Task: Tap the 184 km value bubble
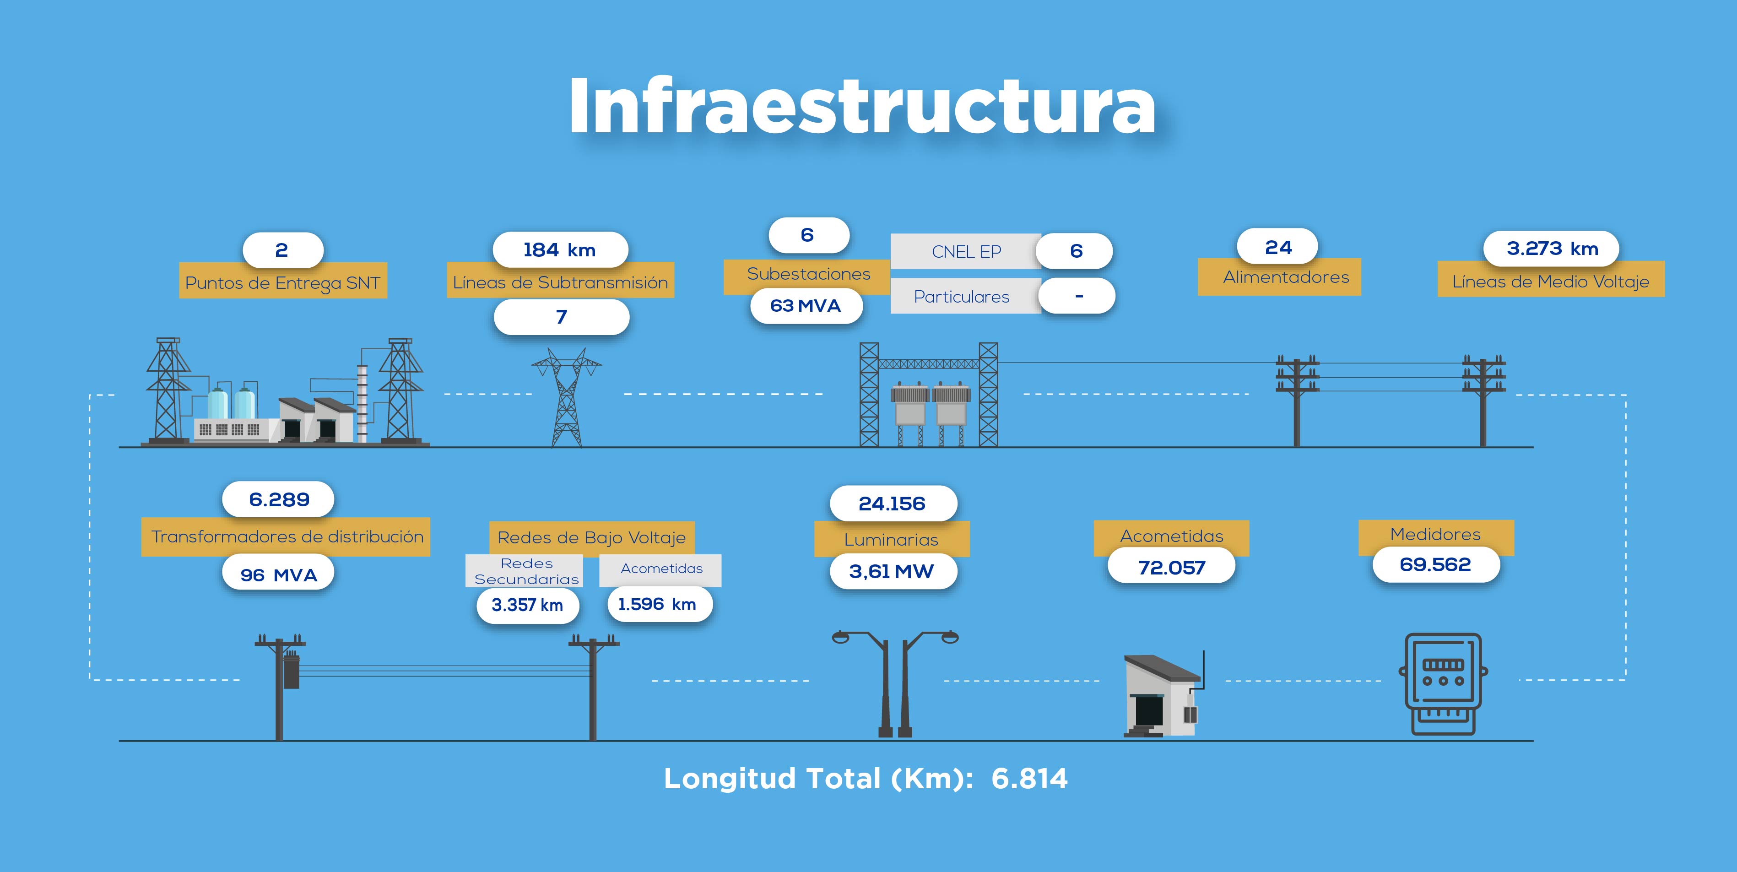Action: tap(560, 249)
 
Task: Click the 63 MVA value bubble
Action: tap(806, 305)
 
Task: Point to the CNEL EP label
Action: tap(966, 252)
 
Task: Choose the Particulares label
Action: tap(962, 297)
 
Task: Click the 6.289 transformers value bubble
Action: tap(278, 499)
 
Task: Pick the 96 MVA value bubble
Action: tap(278, 574)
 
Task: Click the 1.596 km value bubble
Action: tap(657, 604)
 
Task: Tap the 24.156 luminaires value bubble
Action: tap(893, 503)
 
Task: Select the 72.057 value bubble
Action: tap(1171, 567)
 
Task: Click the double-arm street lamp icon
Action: tap(895, 683)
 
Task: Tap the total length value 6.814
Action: tap(1030, 779)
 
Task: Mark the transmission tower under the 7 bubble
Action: tap(567, 397)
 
